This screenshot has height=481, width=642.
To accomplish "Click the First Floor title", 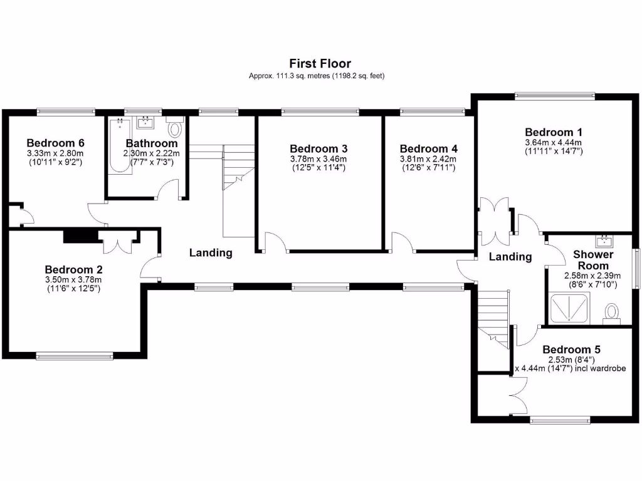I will coord(320,63).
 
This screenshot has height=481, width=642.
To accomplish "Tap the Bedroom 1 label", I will coord(554,132).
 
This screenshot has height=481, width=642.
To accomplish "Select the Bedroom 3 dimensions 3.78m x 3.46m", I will coord(318,159).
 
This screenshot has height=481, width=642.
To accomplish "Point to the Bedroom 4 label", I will coord(428,149).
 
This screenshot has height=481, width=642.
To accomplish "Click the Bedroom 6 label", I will coord(55,143).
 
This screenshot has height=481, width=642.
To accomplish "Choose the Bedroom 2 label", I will coord(73,269).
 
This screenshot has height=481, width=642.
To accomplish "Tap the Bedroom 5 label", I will coord(576,349).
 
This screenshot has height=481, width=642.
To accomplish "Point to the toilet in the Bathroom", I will coord(175,129).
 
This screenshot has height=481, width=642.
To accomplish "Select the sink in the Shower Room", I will coord(605,241).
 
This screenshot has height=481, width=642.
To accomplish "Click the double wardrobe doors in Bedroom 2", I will coord(117,242).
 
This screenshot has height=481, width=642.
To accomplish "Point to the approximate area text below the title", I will coord(317,76).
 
